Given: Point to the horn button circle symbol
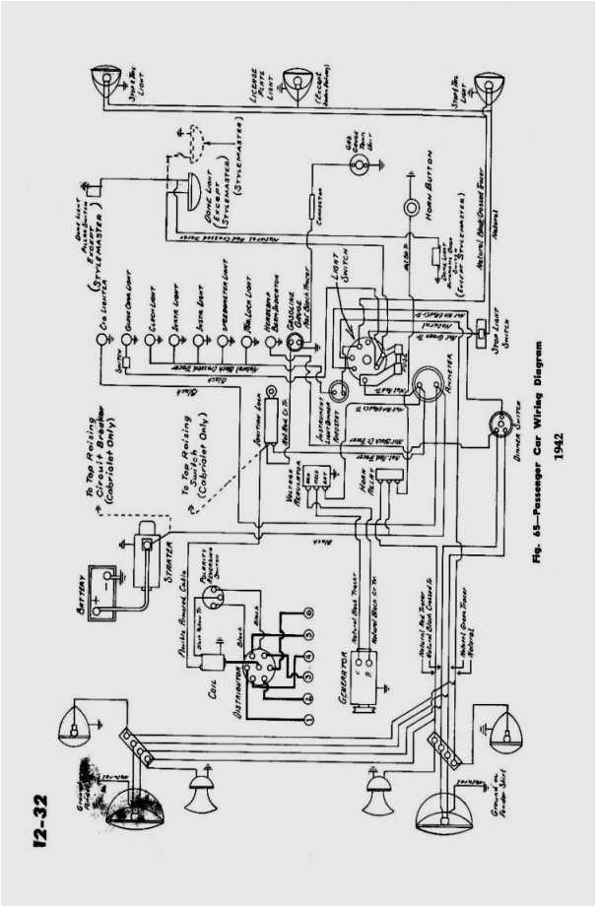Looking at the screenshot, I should coord(411,208).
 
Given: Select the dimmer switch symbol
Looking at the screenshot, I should coord(498,424).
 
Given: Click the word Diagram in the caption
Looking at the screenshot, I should coord(539,373).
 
